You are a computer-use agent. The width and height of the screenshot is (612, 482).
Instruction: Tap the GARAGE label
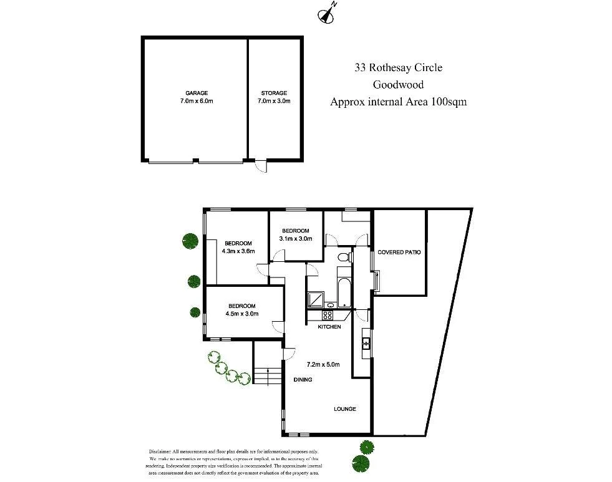coord(196,93)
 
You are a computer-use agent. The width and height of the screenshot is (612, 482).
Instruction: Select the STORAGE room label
coord(274,93)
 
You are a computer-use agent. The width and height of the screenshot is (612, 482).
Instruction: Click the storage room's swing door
coord(261,166)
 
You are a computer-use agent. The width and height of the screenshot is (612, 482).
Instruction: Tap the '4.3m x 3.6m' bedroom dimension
coord(238,252)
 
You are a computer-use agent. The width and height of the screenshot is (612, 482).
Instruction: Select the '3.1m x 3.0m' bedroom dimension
coord(296,238)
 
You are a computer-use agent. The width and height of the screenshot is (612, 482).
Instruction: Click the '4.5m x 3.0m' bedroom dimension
coord(241,314)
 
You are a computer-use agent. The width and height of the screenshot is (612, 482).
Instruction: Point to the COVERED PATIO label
coord(399,253)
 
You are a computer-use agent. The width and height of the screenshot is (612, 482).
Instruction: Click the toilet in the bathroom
coord(342,257)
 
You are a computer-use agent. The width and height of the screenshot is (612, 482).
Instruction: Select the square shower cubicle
coord(316,300)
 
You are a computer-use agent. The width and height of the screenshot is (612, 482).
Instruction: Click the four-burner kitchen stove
coord(329,316)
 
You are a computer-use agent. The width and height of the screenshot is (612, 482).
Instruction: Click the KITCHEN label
coord(329,327)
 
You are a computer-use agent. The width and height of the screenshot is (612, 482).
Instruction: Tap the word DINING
coord(303,380)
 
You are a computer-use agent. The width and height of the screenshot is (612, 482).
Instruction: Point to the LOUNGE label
coord(344,409)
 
